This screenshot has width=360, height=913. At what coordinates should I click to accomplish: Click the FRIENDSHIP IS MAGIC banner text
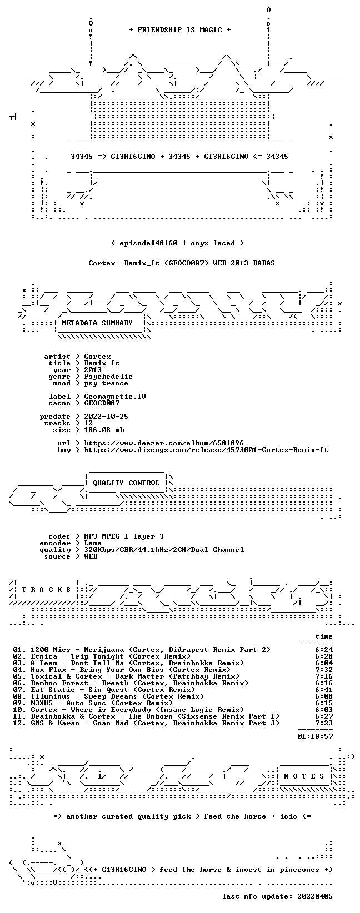(180, 30)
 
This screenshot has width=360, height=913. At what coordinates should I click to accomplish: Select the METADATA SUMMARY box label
(97, 323)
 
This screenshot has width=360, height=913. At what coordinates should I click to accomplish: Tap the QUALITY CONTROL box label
(126, 483)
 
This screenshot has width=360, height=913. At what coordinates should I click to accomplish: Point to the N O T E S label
(304, 776)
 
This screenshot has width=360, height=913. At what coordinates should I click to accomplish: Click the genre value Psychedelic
(108, 377)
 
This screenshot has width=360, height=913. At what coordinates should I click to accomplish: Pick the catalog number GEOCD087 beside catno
(102, 403)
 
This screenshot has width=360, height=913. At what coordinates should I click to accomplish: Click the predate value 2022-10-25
(106, 417)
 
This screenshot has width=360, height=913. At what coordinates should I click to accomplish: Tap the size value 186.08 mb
(104, 430)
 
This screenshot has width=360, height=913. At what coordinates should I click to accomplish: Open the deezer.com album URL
(164, 443)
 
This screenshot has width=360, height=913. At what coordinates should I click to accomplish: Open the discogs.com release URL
(206, 450)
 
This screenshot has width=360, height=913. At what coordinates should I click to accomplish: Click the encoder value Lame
(93, 543)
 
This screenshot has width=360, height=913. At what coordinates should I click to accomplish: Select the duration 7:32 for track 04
(324, 670)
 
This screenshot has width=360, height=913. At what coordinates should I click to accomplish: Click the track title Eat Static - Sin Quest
(66, 690)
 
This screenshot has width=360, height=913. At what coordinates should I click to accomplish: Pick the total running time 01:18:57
(315, 736)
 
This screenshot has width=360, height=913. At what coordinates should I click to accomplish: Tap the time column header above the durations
(324, 636)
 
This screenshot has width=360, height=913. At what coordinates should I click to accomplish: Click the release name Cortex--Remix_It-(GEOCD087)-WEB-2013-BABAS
(182, 263)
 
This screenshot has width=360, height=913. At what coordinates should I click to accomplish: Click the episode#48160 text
(148, 243)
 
